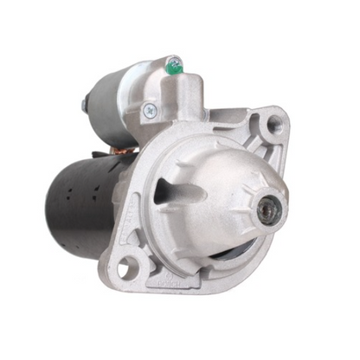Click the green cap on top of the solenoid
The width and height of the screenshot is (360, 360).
(x=174, y=62)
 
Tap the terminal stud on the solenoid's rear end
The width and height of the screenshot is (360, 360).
(x=84, y=106)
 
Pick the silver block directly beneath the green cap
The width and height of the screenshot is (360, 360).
(x=177, y=91)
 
